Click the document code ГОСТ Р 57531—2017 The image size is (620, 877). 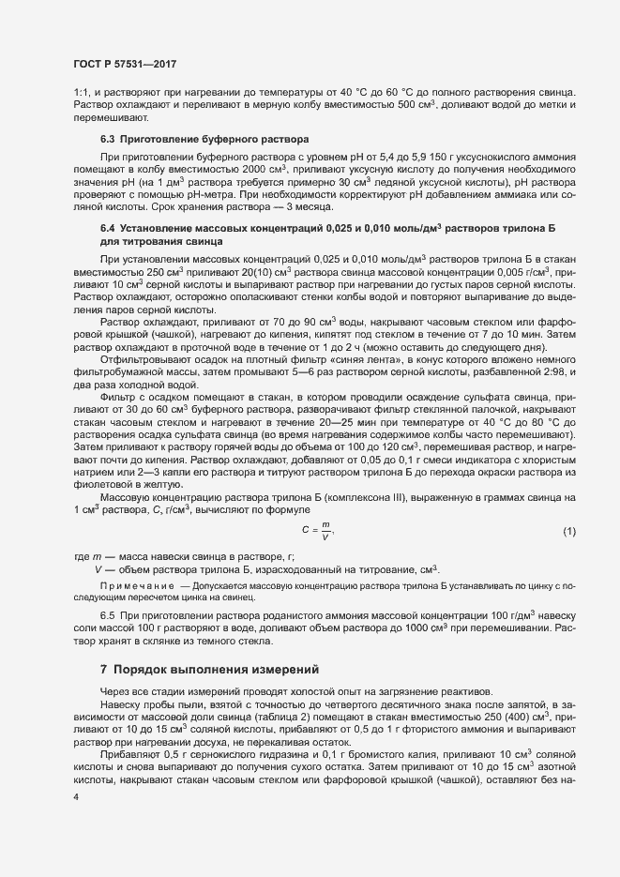pos(124,63)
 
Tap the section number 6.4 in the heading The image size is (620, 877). pos(107,228)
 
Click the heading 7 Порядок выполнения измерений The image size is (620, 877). pos(210,670)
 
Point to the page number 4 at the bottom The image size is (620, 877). pos(75,796)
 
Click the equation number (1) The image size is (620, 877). pos(568,533)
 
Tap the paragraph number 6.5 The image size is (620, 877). pos(107,615)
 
